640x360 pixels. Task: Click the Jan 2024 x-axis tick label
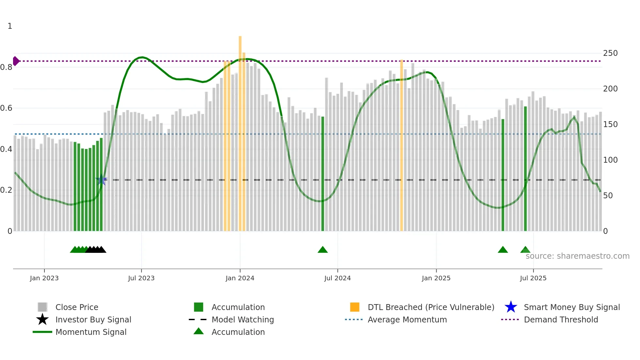point(240,278)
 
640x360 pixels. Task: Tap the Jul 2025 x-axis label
point(533,278)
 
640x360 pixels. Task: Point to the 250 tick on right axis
point(610,53)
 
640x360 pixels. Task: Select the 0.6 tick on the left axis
point(6,108)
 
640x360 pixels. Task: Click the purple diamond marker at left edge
point(16,61)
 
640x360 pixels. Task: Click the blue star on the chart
point(101,180)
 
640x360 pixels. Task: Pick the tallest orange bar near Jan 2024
point(240,131)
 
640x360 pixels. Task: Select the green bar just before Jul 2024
point(323,173)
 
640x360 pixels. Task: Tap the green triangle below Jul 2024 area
point(323,250)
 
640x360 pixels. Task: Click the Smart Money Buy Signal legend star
point(511,307)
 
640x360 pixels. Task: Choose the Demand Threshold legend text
point(561,319)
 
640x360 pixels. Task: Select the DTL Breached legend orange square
point(355,307)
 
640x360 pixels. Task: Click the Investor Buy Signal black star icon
point(42,319)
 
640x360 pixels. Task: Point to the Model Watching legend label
point(243,319)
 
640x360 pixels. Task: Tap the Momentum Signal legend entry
point(91,332)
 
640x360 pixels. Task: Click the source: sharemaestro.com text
point(577,256)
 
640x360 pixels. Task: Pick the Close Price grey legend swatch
point(42,307)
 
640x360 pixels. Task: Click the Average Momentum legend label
point(407,319)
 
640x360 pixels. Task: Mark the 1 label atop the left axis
point(10,26)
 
